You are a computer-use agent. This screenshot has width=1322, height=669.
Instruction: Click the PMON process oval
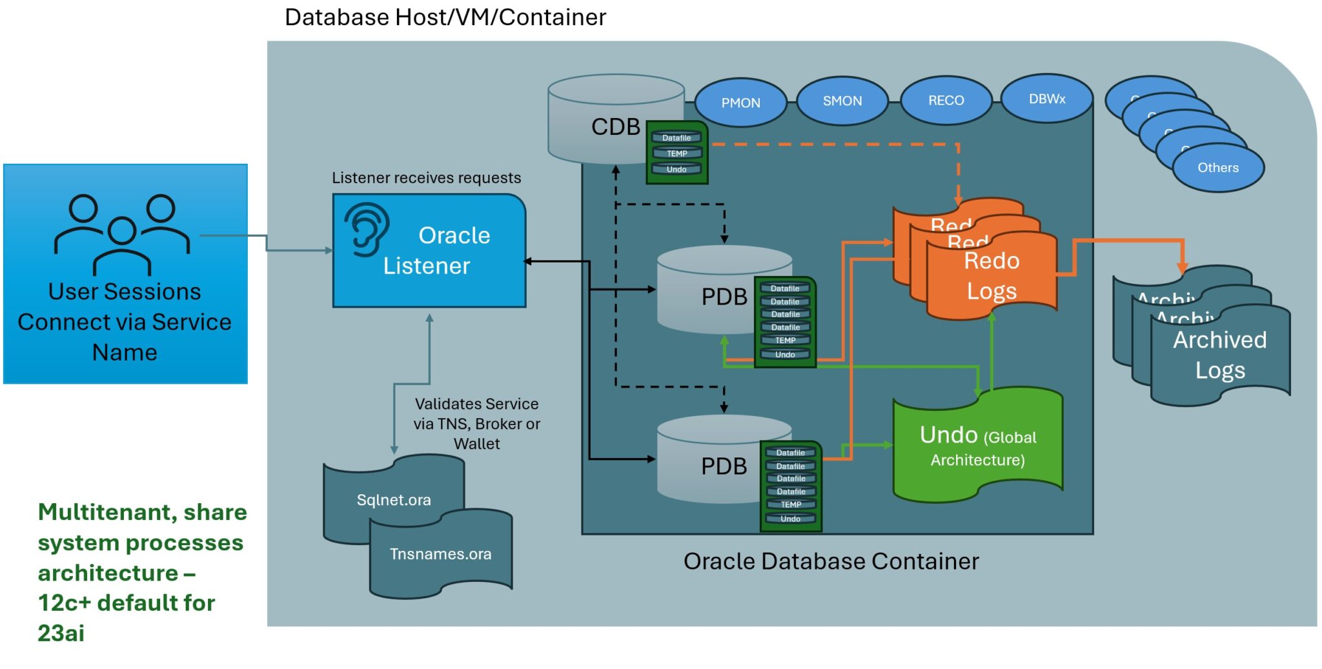point(740,103)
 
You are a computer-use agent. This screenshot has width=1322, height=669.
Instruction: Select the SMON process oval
point(842,101)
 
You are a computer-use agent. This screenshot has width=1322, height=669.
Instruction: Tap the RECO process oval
point(946,100)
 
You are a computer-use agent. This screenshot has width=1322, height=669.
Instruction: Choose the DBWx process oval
point(1046,99)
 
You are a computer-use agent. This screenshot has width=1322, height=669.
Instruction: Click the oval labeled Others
point(1217,168)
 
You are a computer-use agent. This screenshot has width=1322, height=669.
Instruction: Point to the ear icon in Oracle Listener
point(366,229)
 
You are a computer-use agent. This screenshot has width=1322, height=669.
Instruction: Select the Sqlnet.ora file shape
point(393,499)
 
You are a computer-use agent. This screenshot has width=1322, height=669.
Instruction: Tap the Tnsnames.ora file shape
point(440,554)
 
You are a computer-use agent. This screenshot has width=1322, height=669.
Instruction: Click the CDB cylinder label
point(615,127)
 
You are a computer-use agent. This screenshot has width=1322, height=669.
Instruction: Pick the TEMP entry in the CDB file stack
point(676,154)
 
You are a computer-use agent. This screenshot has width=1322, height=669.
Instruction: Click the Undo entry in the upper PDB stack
point(785,354)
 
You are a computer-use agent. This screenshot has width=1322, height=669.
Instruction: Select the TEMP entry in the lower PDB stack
point(791,504)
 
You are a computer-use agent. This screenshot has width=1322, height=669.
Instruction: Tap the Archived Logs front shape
point(1219,355)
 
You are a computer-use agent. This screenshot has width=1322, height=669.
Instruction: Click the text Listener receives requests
point(426,178)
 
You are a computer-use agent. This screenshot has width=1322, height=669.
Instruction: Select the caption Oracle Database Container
point(831,561)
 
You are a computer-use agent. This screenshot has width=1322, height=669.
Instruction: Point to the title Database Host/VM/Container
point(445,17)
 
